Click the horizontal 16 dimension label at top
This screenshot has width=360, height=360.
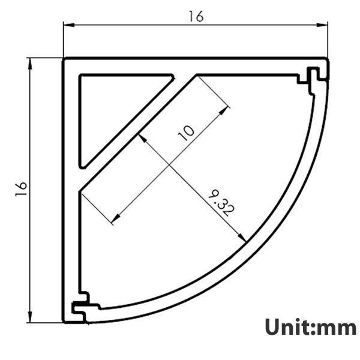[x=196, y=16]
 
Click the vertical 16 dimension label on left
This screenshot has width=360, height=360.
[x=20, y=188]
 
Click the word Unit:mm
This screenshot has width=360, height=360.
[x=310, y=328]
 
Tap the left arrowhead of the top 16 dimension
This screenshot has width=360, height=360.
[x=68, y=25]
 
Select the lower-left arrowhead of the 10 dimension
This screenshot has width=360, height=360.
[x=114, y=221]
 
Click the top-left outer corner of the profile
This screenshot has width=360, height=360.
[x=64, y=59]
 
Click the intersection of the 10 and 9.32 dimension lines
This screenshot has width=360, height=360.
[x=170, y=164]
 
